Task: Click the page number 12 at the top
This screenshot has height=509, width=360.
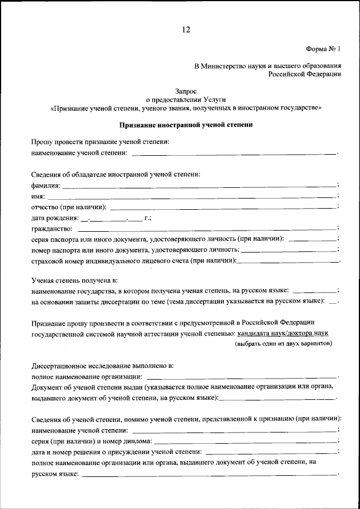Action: pyautogui.click(x=186, y=30)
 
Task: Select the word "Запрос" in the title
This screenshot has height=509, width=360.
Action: pyautogui.click(x=186, y=89)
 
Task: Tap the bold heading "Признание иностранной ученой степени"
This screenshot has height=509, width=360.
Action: pyautogui.click(x=186, y=125)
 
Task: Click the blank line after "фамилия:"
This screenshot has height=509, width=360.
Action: pyautogui.click(x=200, y=185)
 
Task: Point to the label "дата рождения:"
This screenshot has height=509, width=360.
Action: pyautogui.click(x=55, y=217)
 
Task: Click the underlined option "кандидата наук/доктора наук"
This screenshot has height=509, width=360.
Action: pyautogui.click(x=282, y=333)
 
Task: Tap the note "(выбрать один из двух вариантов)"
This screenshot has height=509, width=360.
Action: pyautogui.click(x=283, y=344)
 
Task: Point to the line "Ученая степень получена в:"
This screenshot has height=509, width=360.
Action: pyautogui.click(x=74, y=280)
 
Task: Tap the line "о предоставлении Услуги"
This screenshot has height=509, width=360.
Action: pyautogui.click(x=186, y=98)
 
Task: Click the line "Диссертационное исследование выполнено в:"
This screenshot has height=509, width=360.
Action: pyautogui.click(x=102, y=365)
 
